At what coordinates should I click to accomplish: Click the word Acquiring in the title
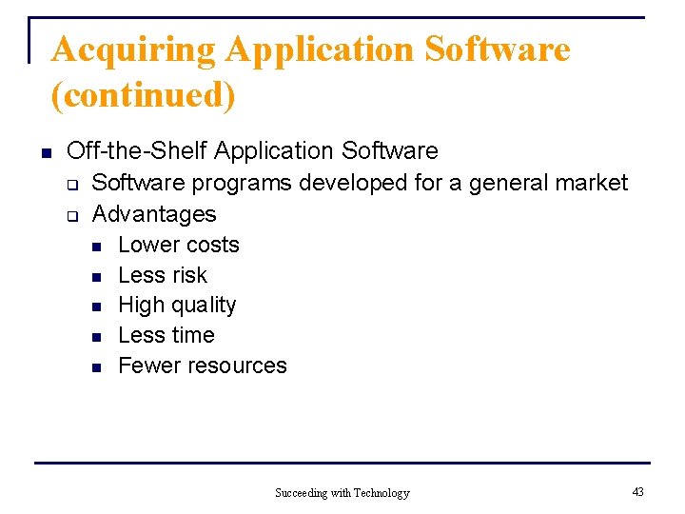pyautogui.click(x=133, y=49)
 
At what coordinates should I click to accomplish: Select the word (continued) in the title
pyautogui.click(x=143, y=94)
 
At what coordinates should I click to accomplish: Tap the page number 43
pyautogui.click(x=637, y=491)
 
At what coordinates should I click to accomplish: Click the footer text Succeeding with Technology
pyautogui.click(x=342, y=493)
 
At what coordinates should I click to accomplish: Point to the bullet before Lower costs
pyautogui.click(x=96, y=246)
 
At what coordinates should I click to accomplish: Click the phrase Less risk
pyautogui.click(x=163, y=275)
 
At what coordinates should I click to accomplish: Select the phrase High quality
pyautogui.click(x=177, y=306)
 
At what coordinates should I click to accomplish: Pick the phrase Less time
pyautogui.click(x=166, y=335)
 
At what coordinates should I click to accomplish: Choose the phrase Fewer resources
pyautogui.click(x=203, y=366)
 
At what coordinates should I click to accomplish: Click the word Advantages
pyautogui.click(x=154, y=214)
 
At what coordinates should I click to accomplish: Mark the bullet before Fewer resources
pyautogui.click(x=96, y=366)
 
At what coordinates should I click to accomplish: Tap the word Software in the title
pyautogui.click(x=498, y=49)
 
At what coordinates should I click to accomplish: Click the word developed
pyautogui.click(x=355, y=183)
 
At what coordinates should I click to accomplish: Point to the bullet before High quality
pyautogui.click(x=96, y=306)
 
